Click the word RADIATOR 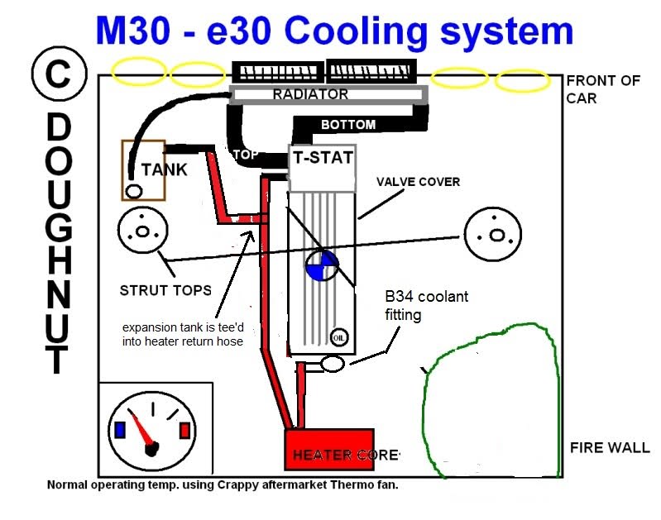coord(310,95)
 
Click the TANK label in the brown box coord(164,169)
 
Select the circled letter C coord(57,74)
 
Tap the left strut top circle coord(142,232)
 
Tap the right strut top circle coord(493,233)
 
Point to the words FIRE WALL coord(610,448)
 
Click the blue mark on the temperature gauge coord(121,429)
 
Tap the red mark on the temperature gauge coord(184,431)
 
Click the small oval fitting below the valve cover coord(332,362)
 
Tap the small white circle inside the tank coord(133,192)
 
